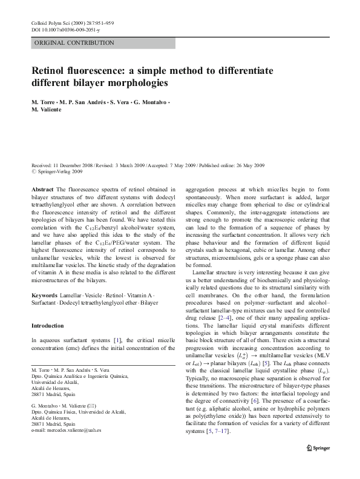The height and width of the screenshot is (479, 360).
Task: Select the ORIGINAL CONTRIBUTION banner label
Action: [x=74, y=43]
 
